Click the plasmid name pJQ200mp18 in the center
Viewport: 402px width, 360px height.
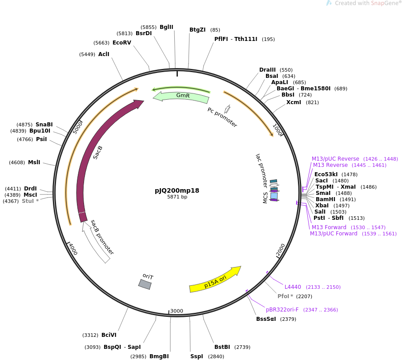click(x=177, y=190)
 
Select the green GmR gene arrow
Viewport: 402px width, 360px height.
click(x=182, y=96)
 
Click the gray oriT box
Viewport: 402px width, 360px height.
click(x=145, y=284)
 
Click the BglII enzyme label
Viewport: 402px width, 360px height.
click(x=166, y=27)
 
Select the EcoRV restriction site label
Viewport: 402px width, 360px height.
click(x=122, y=43)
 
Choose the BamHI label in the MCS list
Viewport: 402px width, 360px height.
click(x=326, y=199)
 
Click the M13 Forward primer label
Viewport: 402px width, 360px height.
click(x=329, y=227)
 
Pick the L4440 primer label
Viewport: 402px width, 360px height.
click(x=293, y=287)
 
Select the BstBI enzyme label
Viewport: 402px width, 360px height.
click(x=222, y=347)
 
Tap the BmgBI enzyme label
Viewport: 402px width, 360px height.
click(x=159, y=356)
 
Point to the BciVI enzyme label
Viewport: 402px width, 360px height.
click(x=109, y=335)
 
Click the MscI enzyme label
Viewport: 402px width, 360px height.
click(x=30, y=195)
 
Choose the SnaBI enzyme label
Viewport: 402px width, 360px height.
click(x=44, y=125)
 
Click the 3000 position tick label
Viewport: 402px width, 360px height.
click(x=177, y=311)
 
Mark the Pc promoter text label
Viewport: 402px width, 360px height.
click(x=222, y=117)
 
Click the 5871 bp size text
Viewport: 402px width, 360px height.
click(x=177, y=197)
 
